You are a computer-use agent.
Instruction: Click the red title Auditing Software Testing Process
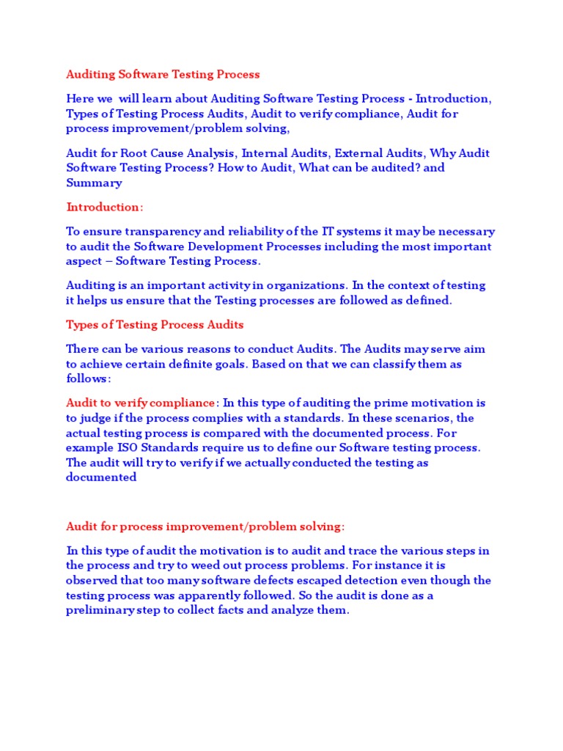[x=163, y=74]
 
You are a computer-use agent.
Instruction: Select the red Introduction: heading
[x=105, y=207]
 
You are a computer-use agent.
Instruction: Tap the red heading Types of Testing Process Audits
[x=155, y=324]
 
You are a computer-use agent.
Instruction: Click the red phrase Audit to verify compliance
[x=141, y=403]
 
